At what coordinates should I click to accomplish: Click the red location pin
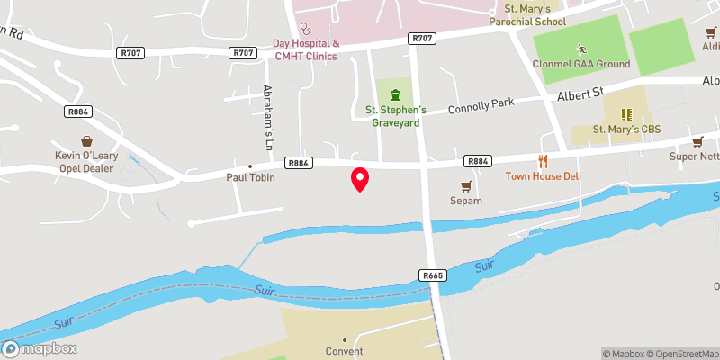pyautogui.click(x=360, y=179)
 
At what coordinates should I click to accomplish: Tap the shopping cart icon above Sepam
pyautogui.click(x=466, y=186)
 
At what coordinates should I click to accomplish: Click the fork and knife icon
pyautogui.click(x=543, y=161)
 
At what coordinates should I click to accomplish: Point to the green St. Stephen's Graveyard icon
pyautogui.click(x=394, y=94)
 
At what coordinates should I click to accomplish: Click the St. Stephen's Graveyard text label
pyautogui.click(x=392, y=117)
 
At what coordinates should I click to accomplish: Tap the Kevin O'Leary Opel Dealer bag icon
pyautogui.click(x=87, y=141)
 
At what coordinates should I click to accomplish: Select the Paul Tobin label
pyautogui.click(x=250, y=178)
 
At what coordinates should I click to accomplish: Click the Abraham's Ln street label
pyautogui.click(x=267, y=116)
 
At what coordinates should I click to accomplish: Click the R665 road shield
pyautogui.click(x=433, y=274)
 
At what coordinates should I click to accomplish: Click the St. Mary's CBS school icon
pyautogui.click(x=626, y=114)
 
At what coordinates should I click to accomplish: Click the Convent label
pyautogui.click(x=345, y=351)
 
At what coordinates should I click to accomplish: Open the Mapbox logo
pyautogui.click(x=40, y=348)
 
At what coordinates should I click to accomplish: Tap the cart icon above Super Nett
pyautogui.click(x=697, y=141)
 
